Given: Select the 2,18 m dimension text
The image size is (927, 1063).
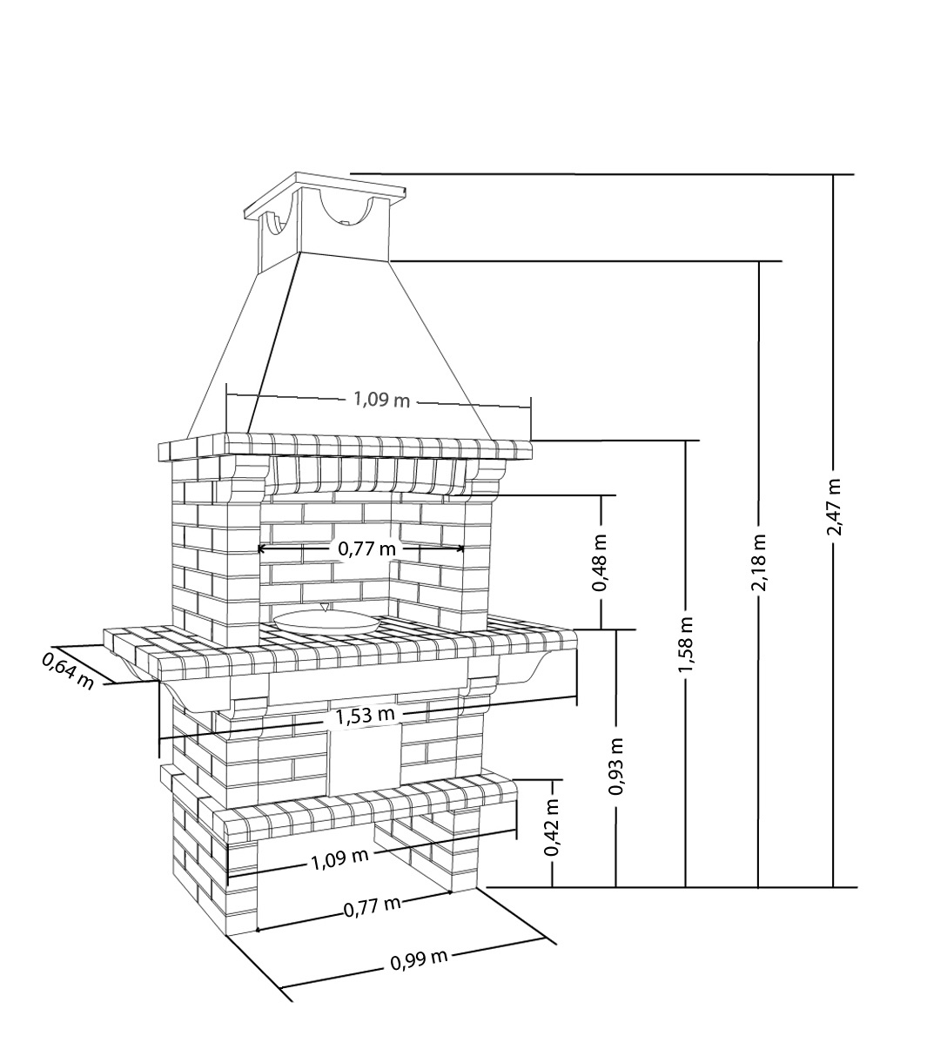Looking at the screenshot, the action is (x=759, y=562).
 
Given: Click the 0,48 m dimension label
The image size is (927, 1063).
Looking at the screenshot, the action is (x=601, y=562).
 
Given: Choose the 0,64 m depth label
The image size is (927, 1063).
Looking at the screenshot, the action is (x=68, y=671).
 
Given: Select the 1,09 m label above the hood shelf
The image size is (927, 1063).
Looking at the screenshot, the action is (x=382, y=400).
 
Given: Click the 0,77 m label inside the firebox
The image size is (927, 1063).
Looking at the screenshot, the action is (x=367, y=548).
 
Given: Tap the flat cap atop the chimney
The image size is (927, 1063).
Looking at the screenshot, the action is (x=325, y=195).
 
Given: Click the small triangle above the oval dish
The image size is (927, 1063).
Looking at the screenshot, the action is (x=325, y=607).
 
